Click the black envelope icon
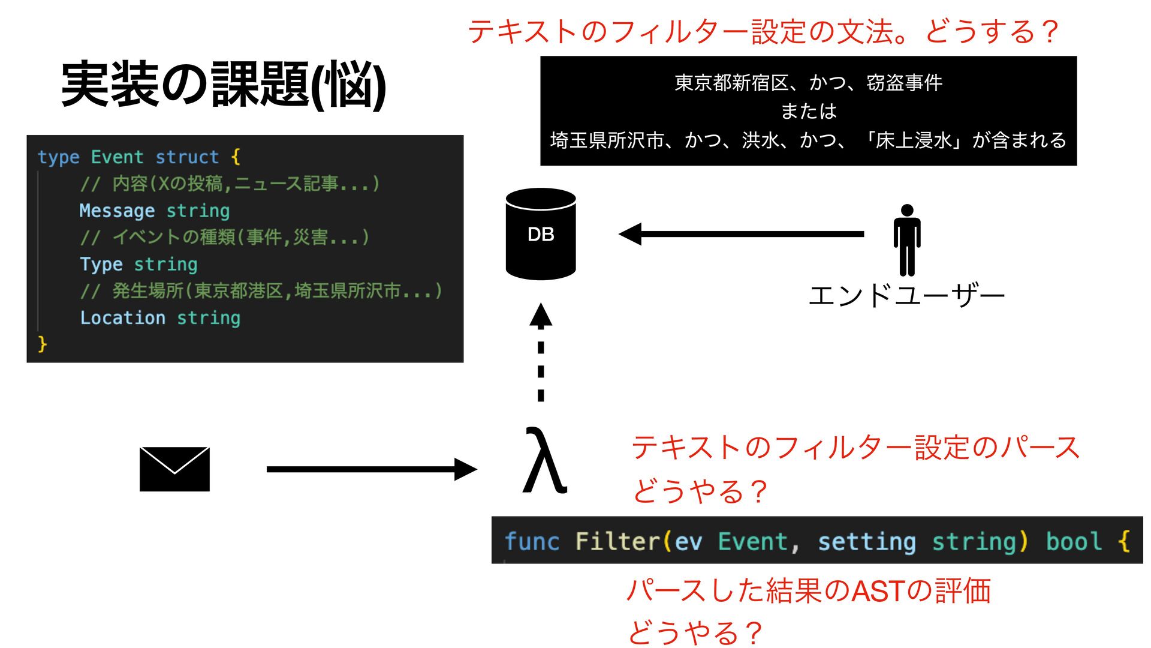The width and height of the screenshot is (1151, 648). tap(174, 469)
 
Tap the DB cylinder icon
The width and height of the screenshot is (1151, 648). tap(540, 234)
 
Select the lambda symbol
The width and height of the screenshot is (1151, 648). tap(544, 460)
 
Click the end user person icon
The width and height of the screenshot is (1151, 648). tap(906, 240)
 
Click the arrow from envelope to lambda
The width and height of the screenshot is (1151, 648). tap(372, 469)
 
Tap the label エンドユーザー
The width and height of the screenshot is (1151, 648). tap(906, 296)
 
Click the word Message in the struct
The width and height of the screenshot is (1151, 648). tap(117, 211)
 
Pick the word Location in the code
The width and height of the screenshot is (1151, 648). tap(123, 317)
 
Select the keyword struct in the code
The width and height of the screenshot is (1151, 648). tap(187, 157)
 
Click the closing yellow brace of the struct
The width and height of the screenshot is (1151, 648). tap(42, 344)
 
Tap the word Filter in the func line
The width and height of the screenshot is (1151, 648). tap(617, 541)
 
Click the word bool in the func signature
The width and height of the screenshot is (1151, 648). tap(1074, 541)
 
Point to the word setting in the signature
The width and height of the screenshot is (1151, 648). tap(867, 541)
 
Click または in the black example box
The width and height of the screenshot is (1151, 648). tap(808, 111)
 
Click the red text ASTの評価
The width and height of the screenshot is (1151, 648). tap(921, 591)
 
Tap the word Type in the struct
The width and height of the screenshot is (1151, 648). tap(101, 264)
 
